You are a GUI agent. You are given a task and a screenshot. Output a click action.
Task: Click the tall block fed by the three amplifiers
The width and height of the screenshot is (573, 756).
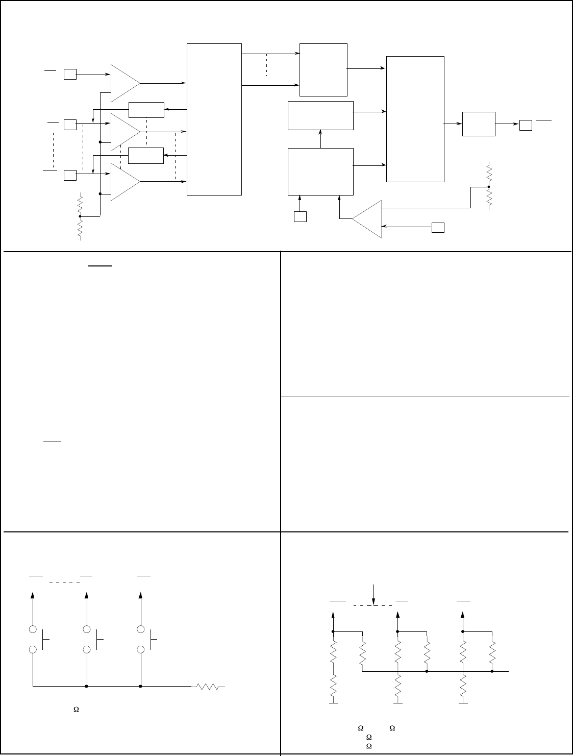pyautogui.click(x=214, y=119)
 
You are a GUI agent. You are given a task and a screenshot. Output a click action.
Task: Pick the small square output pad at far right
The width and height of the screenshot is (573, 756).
pyautogui.click(x=526, y=125)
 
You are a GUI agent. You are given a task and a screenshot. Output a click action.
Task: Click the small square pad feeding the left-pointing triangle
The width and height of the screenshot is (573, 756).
pyautogui.click(x=438, y=228)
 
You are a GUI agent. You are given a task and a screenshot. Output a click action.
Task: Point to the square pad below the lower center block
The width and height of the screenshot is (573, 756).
pyautogui.click(x=300, y=216)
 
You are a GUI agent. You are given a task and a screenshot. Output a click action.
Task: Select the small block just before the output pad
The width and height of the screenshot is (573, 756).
pyautogui.click(x=479, y=124)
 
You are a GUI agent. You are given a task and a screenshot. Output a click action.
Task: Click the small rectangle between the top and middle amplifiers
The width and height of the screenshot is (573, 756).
pyautogui.click(x=146, y=110)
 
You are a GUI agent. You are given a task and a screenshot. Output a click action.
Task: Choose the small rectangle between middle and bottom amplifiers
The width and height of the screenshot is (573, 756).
pyautogui.click(x=146, y=155)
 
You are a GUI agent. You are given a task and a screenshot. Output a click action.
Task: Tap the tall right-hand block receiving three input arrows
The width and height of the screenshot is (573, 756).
pyautogui.click(x=415, y=119)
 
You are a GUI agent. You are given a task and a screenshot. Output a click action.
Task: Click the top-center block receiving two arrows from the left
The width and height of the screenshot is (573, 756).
pyautogui.click(x=323, y=69)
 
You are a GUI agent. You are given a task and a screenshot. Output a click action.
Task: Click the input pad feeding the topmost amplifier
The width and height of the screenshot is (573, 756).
pyautogui.click(x=70, y=75)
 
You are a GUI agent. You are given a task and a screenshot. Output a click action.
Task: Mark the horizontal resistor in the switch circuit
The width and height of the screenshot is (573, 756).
pyautogui.click(x=208, y=687)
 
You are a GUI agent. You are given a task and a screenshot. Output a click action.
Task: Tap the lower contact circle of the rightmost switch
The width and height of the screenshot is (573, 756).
pyautogui.click(x=141, y=649)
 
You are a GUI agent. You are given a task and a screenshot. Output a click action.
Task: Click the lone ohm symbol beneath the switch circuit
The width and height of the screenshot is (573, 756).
pyautogui.click(x=76, y=710)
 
